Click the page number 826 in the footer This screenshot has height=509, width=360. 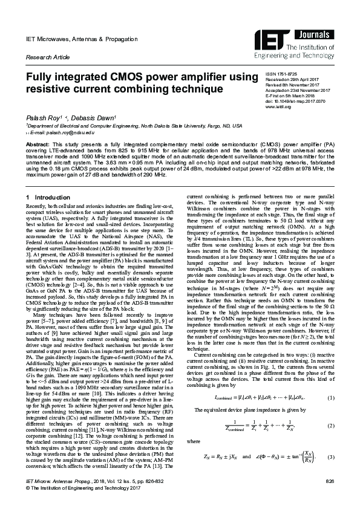tap(330, 498)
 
